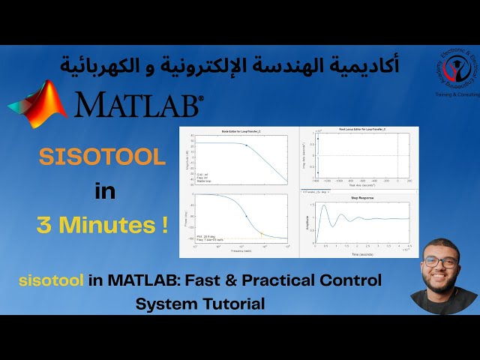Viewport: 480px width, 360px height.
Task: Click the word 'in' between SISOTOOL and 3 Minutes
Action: click(x=105, y=191)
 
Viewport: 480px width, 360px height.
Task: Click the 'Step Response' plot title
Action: click(x=363, y=198)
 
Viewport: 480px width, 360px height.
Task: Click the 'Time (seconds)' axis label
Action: click(x=363, y=254)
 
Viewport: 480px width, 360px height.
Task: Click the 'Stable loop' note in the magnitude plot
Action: click(x=205, y=181)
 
